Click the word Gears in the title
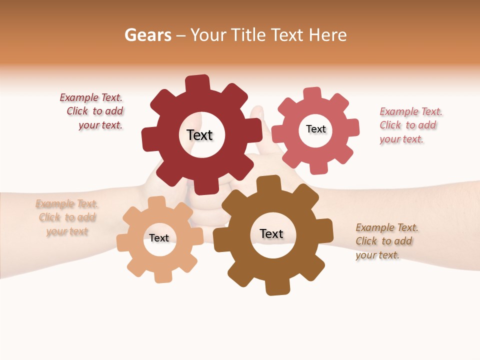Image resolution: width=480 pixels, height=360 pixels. coord(147,35)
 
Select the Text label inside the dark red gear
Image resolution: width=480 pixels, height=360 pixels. coord(199,135)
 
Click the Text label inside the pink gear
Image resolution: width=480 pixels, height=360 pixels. coord(315,129)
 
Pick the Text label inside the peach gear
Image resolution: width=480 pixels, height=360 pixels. coord(159,238)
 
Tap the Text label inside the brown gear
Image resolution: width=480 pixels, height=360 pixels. coord(271,233)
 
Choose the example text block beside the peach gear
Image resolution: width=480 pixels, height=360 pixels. coord(67,217)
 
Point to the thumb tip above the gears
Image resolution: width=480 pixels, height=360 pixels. coord(257,112)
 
